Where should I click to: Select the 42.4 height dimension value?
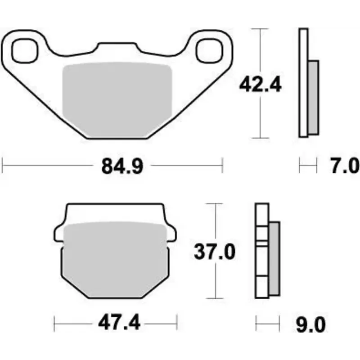260,84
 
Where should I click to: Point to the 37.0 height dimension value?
215,252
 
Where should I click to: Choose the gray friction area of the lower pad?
115,259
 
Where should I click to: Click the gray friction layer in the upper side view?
314,97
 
